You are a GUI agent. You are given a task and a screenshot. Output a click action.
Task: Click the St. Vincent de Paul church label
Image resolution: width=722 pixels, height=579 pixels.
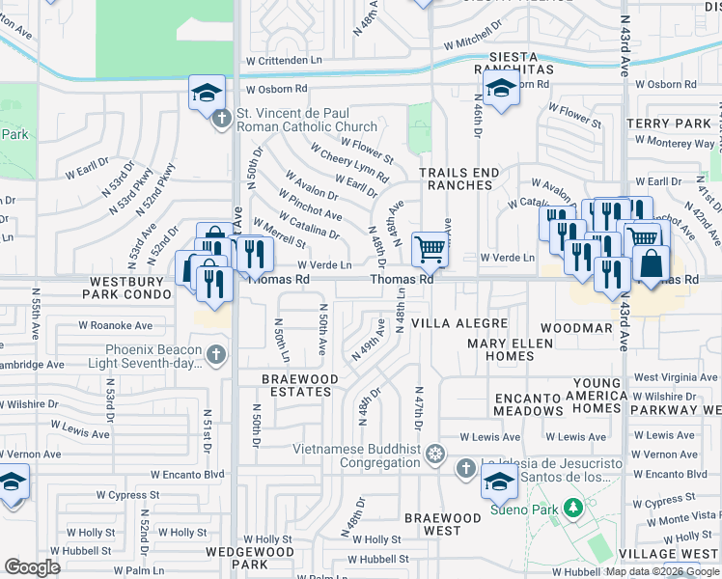click(307, 120)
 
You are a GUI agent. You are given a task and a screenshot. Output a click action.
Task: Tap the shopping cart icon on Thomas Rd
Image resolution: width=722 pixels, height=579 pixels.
click(430, 250)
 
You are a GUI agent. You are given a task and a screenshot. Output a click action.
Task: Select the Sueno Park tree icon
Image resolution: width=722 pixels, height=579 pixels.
click(573, 507)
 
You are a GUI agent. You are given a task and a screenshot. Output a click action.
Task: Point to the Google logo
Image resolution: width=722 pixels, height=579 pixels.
click(33, 567)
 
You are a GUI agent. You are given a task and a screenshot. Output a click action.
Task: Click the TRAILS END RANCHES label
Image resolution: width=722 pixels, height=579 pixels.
click(459, 179)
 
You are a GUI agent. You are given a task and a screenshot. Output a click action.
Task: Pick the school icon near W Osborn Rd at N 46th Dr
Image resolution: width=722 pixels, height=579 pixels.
click(499, 93)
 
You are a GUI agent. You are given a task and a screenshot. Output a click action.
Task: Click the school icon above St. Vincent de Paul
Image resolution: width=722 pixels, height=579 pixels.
click(207, 95)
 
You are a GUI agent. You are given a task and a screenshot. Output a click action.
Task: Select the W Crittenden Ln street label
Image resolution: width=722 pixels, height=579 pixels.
click(273, 60)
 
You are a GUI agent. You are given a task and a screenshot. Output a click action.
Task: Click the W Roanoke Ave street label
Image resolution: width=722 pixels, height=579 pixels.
click(116, 326)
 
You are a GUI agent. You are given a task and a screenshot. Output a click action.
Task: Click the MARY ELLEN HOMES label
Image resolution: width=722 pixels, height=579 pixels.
click(500, 349)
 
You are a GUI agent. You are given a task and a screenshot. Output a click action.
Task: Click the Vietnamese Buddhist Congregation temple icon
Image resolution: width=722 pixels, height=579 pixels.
click(436, 453)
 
